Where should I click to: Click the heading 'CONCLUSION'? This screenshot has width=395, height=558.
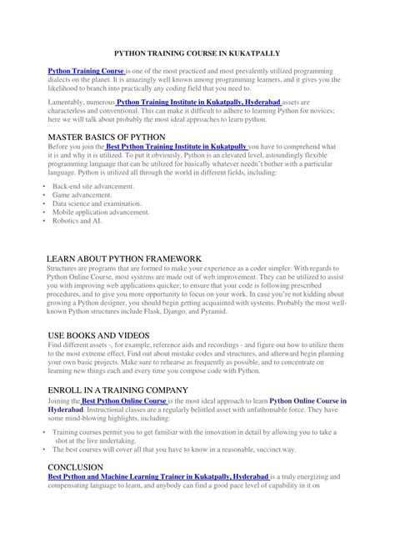pos(76,467)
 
